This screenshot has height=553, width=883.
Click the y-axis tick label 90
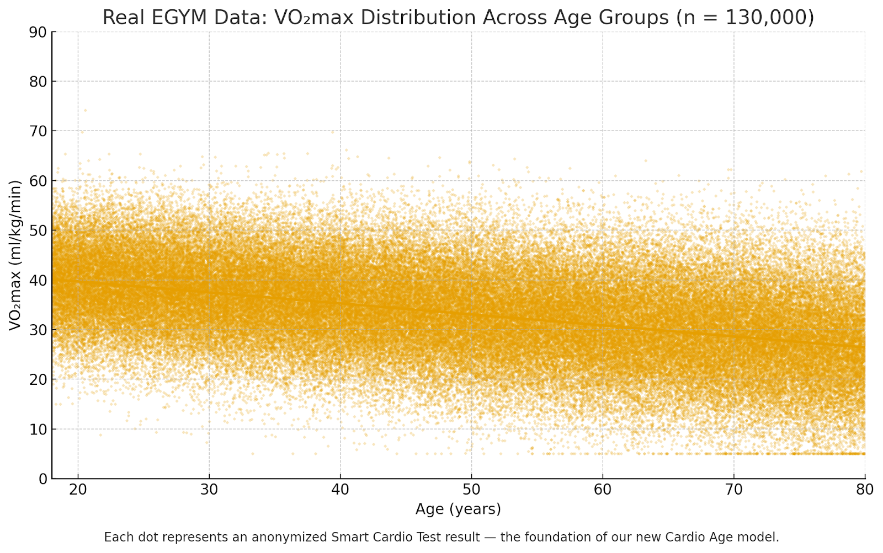click(37, 32)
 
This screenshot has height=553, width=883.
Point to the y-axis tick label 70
click(37, 131)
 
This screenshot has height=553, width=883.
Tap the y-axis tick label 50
click(37, 230)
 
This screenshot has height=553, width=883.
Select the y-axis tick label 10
click(37, 429)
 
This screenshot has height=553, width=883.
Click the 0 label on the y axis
click(42, 479)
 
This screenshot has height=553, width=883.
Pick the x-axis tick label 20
click(78, 490)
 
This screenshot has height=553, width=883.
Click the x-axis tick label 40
click(340, 490)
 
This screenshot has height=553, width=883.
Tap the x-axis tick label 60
click(602, 490)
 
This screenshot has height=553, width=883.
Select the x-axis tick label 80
click(864, 490)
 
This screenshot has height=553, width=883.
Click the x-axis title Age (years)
click(458, 509)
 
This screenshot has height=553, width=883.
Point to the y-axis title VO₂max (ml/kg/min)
click(15, 255)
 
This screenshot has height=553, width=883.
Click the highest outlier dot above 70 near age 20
click(85, 110)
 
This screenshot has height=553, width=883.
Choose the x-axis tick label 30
click(209, 490)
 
